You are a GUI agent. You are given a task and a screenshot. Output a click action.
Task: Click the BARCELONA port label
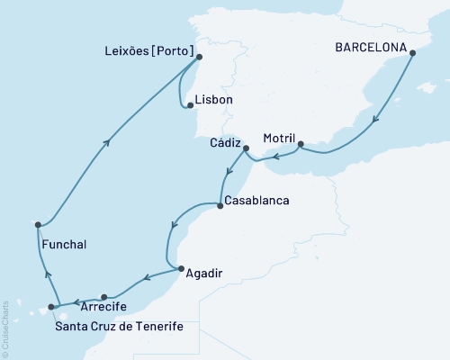point(370,43)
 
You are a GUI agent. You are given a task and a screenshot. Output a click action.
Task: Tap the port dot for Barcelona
point(412,53)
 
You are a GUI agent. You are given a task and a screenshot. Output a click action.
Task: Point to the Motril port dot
point(301,144)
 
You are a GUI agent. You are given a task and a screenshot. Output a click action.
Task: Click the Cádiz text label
point(223,140)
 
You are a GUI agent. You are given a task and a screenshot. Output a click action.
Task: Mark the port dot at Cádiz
point(247,148)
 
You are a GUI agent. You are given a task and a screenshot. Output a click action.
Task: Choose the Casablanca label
point(257,201)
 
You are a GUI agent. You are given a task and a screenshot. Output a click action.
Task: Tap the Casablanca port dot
point(220,207)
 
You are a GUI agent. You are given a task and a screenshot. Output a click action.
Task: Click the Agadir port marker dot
point(181,269)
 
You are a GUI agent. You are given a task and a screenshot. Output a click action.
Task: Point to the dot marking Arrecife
point(104,297)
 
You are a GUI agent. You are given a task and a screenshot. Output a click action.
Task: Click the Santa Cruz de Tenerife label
point(112,326)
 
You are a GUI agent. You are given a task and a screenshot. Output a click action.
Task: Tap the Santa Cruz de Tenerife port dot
point(51,307)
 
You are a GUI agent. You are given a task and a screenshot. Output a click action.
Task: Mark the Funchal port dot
point(37,224)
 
